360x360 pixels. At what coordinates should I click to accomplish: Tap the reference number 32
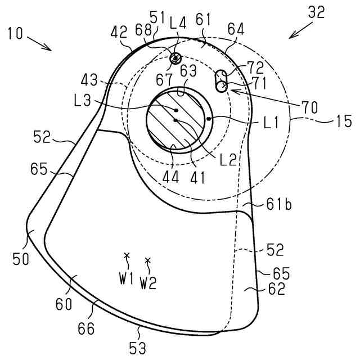316,13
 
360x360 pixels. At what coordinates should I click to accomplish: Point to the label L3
82,102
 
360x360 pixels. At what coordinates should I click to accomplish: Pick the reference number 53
138,348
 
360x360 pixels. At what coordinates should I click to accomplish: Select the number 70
309,105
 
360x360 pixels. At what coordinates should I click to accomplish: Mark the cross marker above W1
127,256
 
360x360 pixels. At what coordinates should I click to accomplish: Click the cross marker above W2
148,260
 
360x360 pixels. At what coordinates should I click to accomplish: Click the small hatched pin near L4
175,57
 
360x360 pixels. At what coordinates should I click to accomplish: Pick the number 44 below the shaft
171,178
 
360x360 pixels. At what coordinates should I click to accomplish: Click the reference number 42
119,34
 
